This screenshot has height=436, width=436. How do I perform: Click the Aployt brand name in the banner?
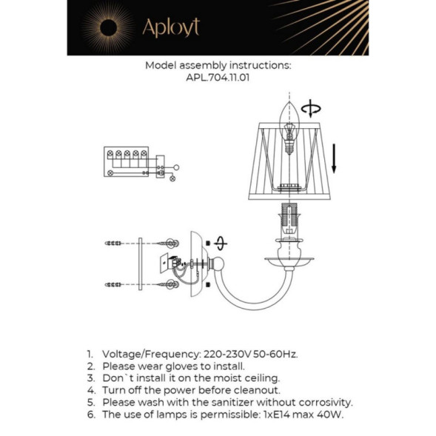pyautogui.click(x=171, y=27)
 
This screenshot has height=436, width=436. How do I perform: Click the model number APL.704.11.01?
pyautogui.click(x=217, y=76)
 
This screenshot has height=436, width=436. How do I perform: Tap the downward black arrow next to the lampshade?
pyautogui.click(x=334, y=158)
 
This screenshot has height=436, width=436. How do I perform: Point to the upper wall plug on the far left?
pyautogui.click(x=114, y=243)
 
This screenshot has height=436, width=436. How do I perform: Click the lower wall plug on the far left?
pyautogui.click(x=114, y=284)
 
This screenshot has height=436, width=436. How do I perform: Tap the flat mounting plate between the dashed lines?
pyautogui.click(x=139, y=264)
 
